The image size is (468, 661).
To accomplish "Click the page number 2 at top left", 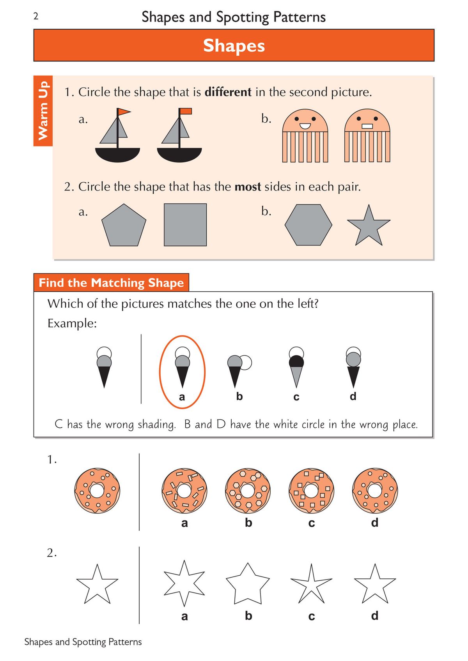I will [36, 16].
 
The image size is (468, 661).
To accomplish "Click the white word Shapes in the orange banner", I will [234, 46].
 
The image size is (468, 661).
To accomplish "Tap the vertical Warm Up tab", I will [43, 111].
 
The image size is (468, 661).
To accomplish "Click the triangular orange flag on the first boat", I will [124, 112].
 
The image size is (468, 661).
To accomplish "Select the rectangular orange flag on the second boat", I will [186, 111].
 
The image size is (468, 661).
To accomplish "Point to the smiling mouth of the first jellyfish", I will [305, 126].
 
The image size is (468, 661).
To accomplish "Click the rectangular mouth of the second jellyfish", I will [367, 126].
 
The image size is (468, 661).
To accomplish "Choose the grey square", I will [185, 225].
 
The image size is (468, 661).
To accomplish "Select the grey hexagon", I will [308, 225].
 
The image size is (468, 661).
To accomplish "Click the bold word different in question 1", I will [228, 92].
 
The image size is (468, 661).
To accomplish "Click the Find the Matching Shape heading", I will [111, 283].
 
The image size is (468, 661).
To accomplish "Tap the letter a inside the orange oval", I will [182, 397].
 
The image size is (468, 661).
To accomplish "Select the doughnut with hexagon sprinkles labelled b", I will [248, 491].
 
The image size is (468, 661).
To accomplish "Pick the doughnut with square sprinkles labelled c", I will [311, 491].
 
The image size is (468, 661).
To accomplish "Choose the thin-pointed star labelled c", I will [311, 584].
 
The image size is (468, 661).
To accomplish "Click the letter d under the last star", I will [374, 616].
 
